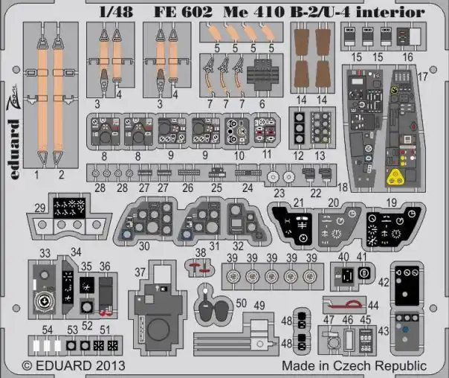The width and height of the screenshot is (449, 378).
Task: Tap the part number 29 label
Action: (40, 208)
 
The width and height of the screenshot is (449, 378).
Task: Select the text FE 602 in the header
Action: (184, 12)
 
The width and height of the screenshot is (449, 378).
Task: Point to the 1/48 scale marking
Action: (116, 12)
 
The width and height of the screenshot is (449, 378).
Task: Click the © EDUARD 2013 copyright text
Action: (74, 365)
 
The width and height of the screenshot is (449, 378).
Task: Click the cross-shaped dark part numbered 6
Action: (262, 74)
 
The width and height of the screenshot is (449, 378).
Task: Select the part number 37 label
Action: (140, 272)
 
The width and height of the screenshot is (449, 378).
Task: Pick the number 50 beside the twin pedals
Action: (241, 303)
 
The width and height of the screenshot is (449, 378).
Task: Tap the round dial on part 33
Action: (44, 301)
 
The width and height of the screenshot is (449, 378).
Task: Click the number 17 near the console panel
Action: (423, 77)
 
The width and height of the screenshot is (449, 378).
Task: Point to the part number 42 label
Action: (384, 282)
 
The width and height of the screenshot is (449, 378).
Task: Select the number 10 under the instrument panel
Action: (239, 156)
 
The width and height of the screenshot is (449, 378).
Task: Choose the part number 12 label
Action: (298, 156)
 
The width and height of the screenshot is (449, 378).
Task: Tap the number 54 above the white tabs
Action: (48, 330)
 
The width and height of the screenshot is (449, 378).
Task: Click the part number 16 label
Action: (408, 57)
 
